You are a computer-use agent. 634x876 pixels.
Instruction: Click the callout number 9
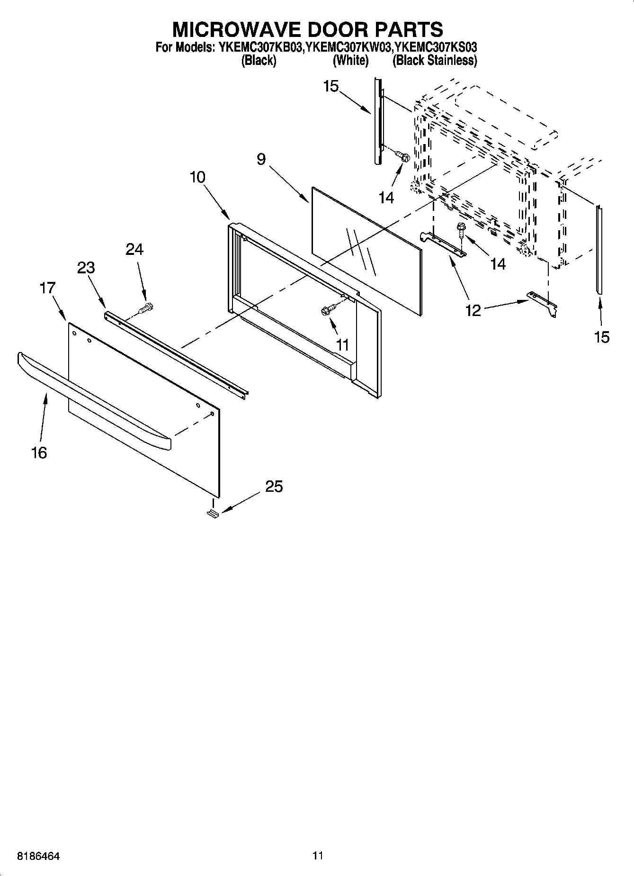pyautogui.click(x=261, y=160)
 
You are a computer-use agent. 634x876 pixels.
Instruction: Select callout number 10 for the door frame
pyautogui.click(x=197, y=177)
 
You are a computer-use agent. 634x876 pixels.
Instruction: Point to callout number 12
pyautogui.click(x=473, y=310)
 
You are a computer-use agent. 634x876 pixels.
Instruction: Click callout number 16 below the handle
pyautogui.click(x=39, y=452)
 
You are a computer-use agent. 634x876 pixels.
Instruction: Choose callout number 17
pyautogui.click(x=47, y=288)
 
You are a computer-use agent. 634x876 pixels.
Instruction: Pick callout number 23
pyautogui.click(x=86, y=268)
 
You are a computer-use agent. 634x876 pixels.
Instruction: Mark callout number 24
pyautogui.click(x=134, y=249)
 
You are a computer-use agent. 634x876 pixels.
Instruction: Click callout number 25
pyautogui.click(x=274, y=486)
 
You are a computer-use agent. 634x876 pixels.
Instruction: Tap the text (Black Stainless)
pyautogui.click(x=434, y=61)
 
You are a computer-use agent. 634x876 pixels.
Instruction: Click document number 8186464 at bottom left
pyautogui.click(x=38, y=856)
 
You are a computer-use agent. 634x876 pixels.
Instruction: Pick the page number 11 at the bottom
pyautogui.click(x=317, y=856)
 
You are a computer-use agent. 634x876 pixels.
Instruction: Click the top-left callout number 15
pyautogui.click(x=331, y=86)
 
